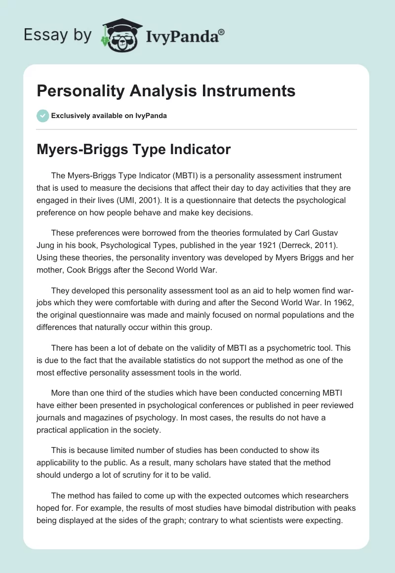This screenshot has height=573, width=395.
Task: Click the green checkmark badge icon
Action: [42, 116]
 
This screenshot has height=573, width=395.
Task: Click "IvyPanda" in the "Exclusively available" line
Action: [149, 116]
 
